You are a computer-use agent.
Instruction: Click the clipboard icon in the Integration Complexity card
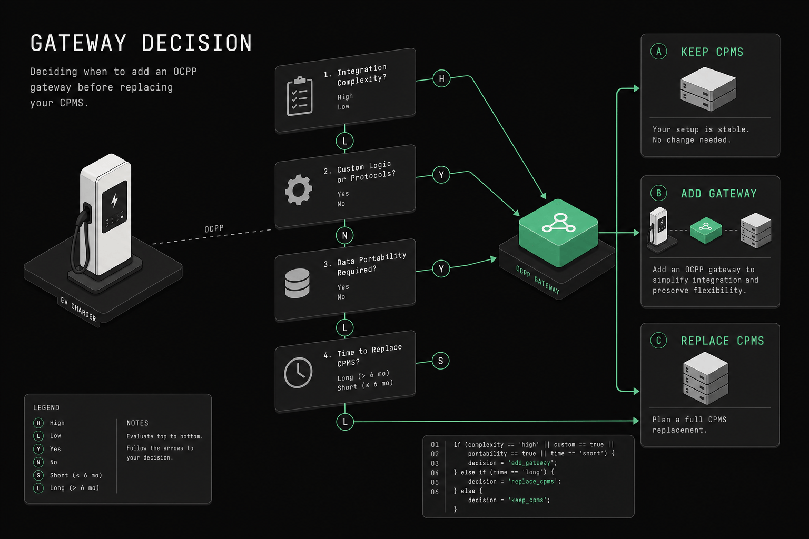point(299,96)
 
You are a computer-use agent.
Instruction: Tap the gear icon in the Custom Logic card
point(298,190)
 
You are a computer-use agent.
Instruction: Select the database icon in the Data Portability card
point(297,283)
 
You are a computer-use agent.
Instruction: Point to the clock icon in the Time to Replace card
point(298,373)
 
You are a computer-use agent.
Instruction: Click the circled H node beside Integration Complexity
point(441,78)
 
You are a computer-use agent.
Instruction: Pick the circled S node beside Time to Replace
point(441,361)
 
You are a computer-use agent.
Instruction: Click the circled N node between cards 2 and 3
point(344,235)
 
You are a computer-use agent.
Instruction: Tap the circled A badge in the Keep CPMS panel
point(659,52)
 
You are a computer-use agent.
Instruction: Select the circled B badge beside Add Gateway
point(659,193)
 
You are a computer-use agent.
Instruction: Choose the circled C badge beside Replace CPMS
point(659,341)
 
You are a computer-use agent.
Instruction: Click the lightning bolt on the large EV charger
point(114,200)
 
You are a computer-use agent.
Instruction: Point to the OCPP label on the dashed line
point(214,229)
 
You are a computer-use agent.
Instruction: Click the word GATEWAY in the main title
point(78,43)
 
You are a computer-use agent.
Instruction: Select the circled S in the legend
point(38,475)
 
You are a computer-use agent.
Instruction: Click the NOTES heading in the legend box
point(137,423)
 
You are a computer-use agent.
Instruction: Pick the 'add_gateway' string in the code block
point(530,463)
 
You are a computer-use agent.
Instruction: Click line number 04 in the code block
point(435,473)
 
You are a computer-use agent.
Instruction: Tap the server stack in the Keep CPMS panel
point(708,89)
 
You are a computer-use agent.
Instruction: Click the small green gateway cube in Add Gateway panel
point(706,231)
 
